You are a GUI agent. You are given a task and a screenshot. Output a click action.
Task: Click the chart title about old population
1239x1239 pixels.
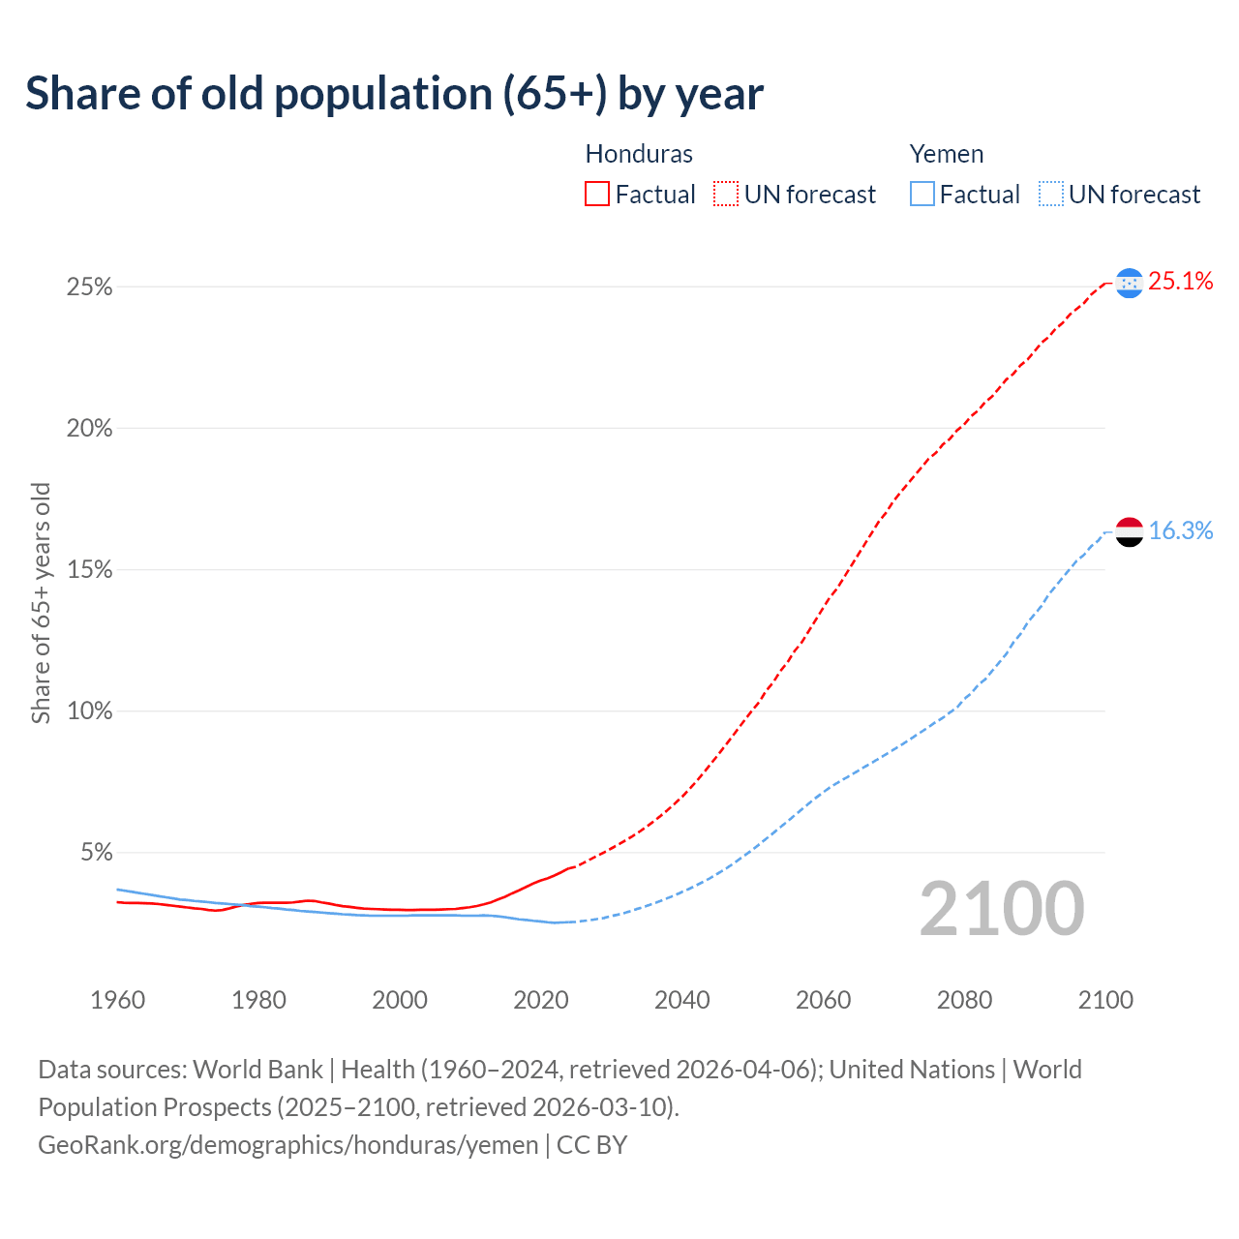tap(394, 94)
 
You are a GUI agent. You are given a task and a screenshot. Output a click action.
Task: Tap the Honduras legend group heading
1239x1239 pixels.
tap(639, 154)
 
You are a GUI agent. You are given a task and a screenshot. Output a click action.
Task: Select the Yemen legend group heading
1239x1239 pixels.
tap(946, 154)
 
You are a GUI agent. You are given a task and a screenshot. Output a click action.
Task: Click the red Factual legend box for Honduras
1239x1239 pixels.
tap(597, 195)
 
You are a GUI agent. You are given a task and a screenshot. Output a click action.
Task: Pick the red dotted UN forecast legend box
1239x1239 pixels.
tap(726, 195)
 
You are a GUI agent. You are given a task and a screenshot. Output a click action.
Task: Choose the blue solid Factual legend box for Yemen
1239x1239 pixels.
tap(922, 195)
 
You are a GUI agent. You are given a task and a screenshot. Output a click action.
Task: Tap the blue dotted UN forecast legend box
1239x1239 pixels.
tap(1050, 195)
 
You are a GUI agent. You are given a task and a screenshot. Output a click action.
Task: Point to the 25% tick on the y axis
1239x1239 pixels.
tap(89, 287)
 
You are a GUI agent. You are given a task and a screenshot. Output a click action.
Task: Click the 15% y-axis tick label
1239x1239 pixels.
tap(89, 570)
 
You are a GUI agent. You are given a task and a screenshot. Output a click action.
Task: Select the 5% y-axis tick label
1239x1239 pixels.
tap(96, 853)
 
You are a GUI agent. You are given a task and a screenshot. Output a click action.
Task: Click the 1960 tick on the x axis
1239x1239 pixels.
tap(117, 1000)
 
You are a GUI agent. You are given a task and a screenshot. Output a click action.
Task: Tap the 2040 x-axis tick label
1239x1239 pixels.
tap(681, 1000)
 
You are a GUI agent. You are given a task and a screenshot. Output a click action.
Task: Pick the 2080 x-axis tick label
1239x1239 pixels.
tap(964, 1000)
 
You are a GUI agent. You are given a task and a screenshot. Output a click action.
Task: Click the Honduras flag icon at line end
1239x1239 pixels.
tap(1129, 283)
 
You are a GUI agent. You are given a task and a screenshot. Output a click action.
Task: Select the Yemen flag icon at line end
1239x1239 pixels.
tap(1129, 531)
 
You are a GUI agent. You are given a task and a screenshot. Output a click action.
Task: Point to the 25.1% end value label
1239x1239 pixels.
tap(1180, 282)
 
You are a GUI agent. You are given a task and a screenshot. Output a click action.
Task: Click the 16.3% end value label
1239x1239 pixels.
tap(1180, 531)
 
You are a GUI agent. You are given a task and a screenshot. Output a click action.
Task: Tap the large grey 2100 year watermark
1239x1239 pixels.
tap(1001, 909)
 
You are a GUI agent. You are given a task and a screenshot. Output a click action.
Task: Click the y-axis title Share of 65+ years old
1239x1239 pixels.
tap(41, 602)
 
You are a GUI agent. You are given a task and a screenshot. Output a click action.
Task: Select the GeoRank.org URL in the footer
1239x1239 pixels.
tap(287, 1145)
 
